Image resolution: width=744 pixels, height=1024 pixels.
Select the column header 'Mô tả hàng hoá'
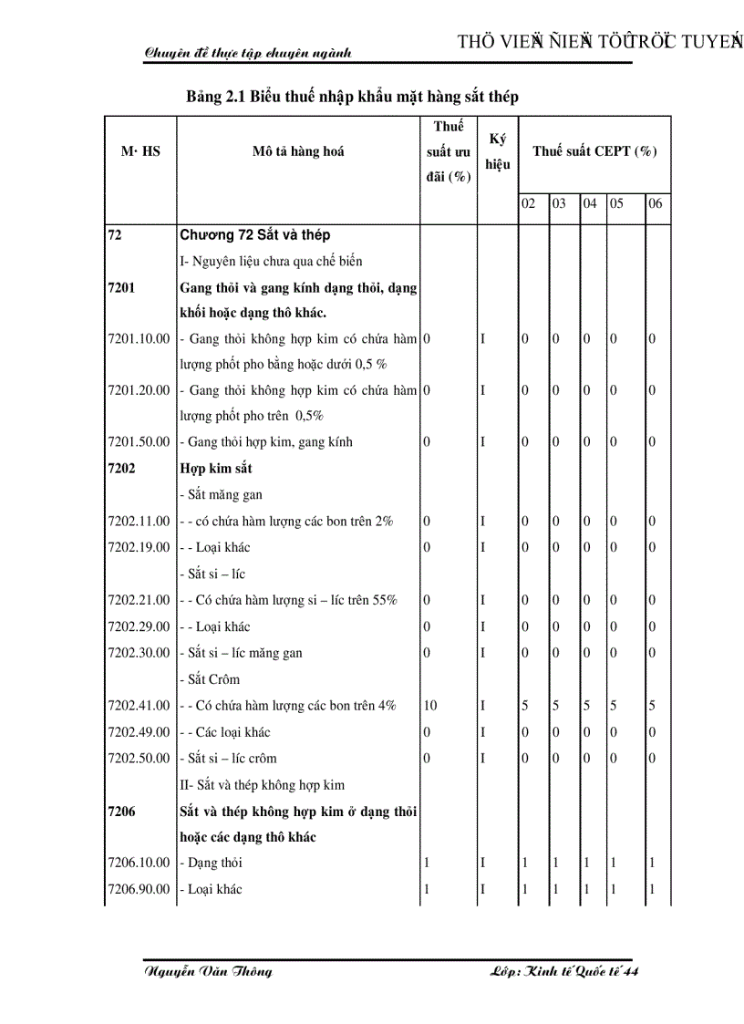click(298, 151)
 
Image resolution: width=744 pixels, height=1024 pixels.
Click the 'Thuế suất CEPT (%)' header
click(594, 151)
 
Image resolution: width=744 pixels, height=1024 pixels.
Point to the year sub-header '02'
click(528, 203)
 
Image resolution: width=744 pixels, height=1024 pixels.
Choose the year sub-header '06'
click(655, 203)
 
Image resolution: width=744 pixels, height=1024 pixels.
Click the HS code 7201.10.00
click(139, 338)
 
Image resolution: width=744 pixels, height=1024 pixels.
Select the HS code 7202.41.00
click(139, 705)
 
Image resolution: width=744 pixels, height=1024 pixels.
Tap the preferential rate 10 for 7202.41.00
click(430, 705)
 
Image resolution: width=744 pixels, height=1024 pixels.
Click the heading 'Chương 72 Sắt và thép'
click(255, 235)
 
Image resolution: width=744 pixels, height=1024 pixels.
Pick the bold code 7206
click(121, 811)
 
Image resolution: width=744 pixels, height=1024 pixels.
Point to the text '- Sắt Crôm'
click(212, 678)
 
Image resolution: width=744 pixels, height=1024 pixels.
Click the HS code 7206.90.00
click(139, 889)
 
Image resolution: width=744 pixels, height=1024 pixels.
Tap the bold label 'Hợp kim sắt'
click(216, 468)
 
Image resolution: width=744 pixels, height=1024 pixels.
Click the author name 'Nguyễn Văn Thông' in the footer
click(208, 971)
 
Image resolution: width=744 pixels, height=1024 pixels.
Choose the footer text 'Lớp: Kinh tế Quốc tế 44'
click(563, 971)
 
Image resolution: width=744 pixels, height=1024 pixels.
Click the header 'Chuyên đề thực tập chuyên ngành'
click(247, 53)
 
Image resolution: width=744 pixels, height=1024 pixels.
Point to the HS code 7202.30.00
click(139, 653)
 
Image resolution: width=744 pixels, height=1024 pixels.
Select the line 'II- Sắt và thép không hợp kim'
click(263, 784)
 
